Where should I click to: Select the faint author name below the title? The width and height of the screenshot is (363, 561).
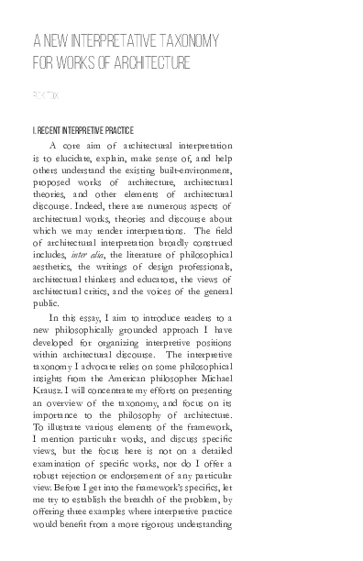click(43, 94)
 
